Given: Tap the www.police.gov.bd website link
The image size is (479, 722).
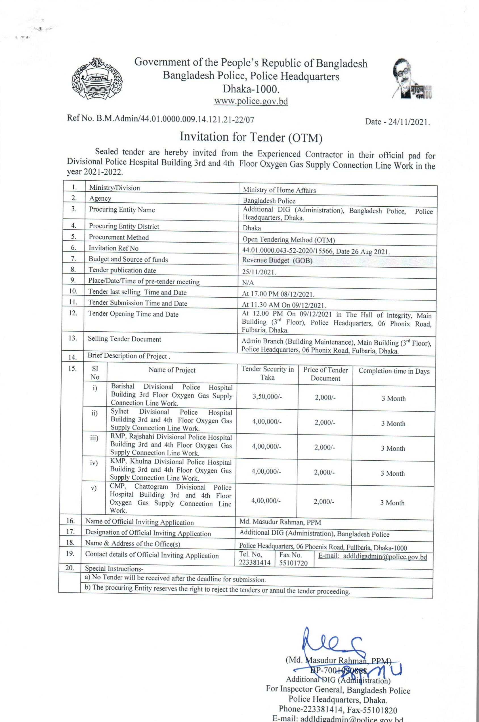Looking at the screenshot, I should point(251,101).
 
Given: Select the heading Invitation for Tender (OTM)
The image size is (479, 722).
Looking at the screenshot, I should point(251,137).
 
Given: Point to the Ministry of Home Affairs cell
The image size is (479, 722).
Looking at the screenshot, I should point(279,190).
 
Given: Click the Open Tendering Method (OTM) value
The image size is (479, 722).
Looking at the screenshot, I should point(288,240).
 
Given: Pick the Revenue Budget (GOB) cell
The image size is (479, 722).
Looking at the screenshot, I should point(277,260).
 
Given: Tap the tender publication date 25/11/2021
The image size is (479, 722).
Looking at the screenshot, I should point(259,272).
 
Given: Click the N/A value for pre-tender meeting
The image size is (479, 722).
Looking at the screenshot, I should point(248,283).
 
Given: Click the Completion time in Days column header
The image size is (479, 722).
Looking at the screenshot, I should point(394,371).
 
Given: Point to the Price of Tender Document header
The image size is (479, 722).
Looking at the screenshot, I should point(325,374).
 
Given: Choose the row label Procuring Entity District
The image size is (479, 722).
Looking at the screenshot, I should point(124,226).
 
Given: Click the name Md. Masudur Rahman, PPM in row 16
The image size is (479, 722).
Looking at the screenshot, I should point(280,522).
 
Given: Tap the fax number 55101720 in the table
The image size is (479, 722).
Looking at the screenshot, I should point(293,563).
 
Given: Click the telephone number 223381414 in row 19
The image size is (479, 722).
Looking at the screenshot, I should point(255,562).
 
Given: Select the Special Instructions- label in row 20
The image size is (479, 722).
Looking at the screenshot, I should point(114,569).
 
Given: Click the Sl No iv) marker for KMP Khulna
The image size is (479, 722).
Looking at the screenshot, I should point(94,463).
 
